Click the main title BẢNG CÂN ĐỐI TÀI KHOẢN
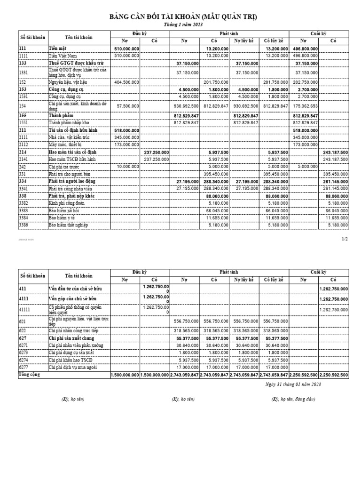coord(183,17)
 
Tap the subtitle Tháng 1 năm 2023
coord(183,24)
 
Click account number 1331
coord(24,72)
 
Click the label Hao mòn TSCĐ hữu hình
coord(72,160)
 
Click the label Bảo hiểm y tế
coord(63,218)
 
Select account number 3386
coord(24,225)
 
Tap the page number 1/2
coord(345,239)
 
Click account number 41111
coord(25,309)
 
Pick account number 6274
coord(24,360)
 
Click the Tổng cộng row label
coord(29,375)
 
